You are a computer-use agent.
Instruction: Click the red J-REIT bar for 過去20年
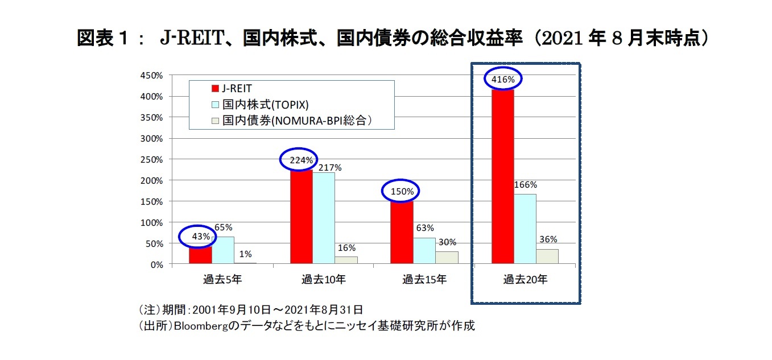click(x=503, y=176)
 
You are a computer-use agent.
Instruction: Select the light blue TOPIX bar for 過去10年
click(x=323, y=218)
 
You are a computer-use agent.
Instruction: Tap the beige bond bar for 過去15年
click(x=447, y=258)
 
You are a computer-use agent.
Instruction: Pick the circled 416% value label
click(x=503, y=80)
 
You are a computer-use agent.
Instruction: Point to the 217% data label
click(x=330, y=168)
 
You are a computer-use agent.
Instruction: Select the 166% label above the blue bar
click(x=525, y=185)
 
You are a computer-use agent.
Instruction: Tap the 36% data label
click(x=547, y=239)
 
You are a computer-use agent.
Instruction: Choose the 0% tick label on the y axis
click(x=156, y=264)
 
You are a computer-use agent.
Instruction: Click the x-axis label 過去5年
click(x=222, y=279)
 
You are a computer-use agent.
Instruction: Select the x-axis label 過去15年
click(x=424, y=279)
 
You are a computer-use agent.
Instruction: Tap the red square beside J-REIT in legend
click(x=215, y=88)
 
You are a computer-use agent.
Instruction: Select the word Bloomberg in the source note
click(x=201, y=326)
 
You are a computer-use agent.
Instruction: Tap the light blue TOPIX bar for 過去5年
click(x=222, y=250)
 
